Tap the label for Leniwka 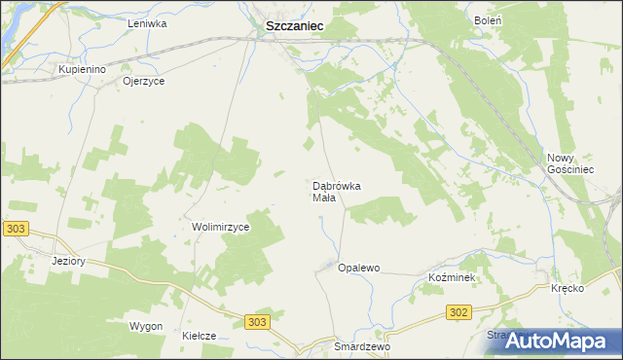[148, 22]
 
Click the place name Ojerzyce [144, 82]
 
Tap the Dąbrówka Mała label [337, 192]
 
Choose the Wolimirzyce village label [221, 227]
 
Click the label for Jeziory [70, 261]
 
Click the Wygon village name [146, 326]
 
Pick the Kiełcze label [199, 336]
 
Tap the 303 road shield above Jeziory [16, 228]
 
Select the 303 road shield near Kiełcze [257, 321]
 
